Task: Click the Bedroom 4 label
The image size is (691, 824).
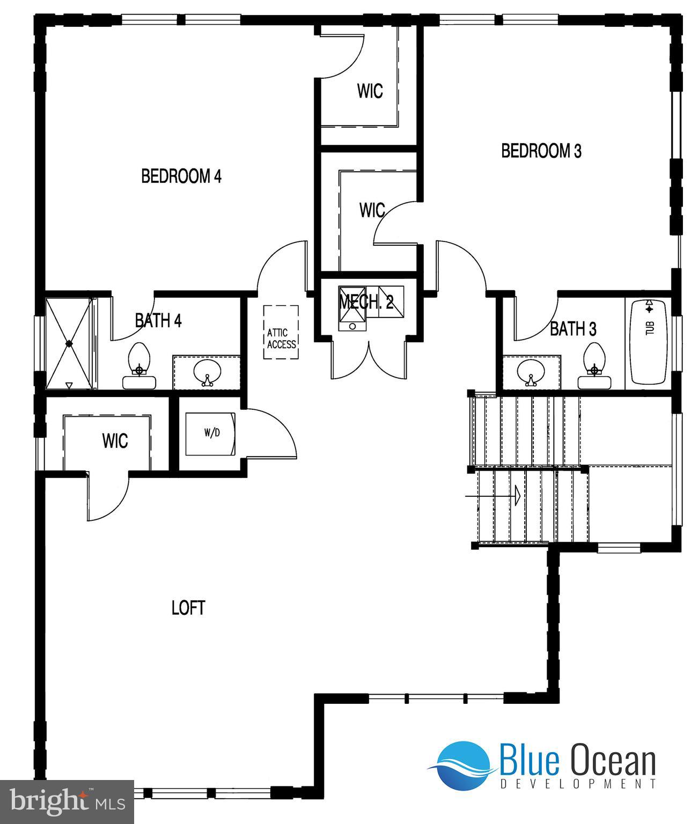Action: pos(181,176)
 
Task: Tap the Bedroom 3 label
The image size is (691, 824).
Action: pos(541,151)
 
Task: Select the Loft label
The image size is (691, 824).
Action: pos(188,608)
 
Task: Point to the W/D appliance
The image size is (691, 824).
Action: pos(210,433)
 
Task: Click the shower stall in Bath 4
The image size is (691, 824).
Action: pos(69,343)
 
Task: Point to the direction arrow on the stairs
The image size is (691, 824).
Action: pos(517,495)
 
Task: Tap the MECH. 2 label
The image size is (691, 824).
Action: pos(366,302)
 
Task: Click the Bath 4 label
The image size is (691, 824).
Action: pos(158,321)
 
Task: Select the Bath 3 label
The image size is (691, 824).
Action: pos(573,328)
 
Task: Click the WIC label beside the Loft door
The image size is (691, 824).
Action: pos(115,441)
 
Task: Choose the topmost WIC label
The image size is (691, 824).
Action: pos(370,91)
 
